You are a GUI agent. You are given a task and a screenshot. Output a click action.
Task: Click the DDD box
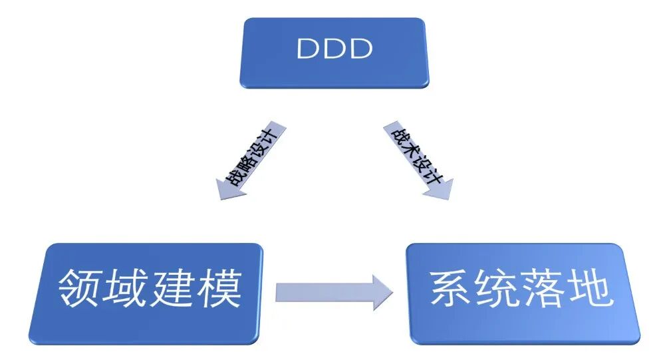point(334,52)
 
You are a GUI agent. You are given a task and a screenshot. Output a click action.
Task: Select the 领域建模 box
point(146,293)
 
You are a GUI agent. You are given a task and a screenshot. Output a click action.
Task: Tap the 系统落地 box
point(523,293)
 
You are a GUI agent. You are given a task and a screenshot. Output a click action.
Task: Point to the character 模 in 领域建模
point(219,289)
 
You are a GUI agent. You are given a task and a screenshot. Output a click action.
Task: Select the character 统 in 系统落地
point(498,289)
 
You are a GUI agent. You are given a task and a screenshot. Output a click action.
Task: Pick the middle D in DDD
point(334,49)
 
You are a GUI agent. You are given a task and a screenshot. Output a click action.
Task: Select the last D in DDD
point(360,49)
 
